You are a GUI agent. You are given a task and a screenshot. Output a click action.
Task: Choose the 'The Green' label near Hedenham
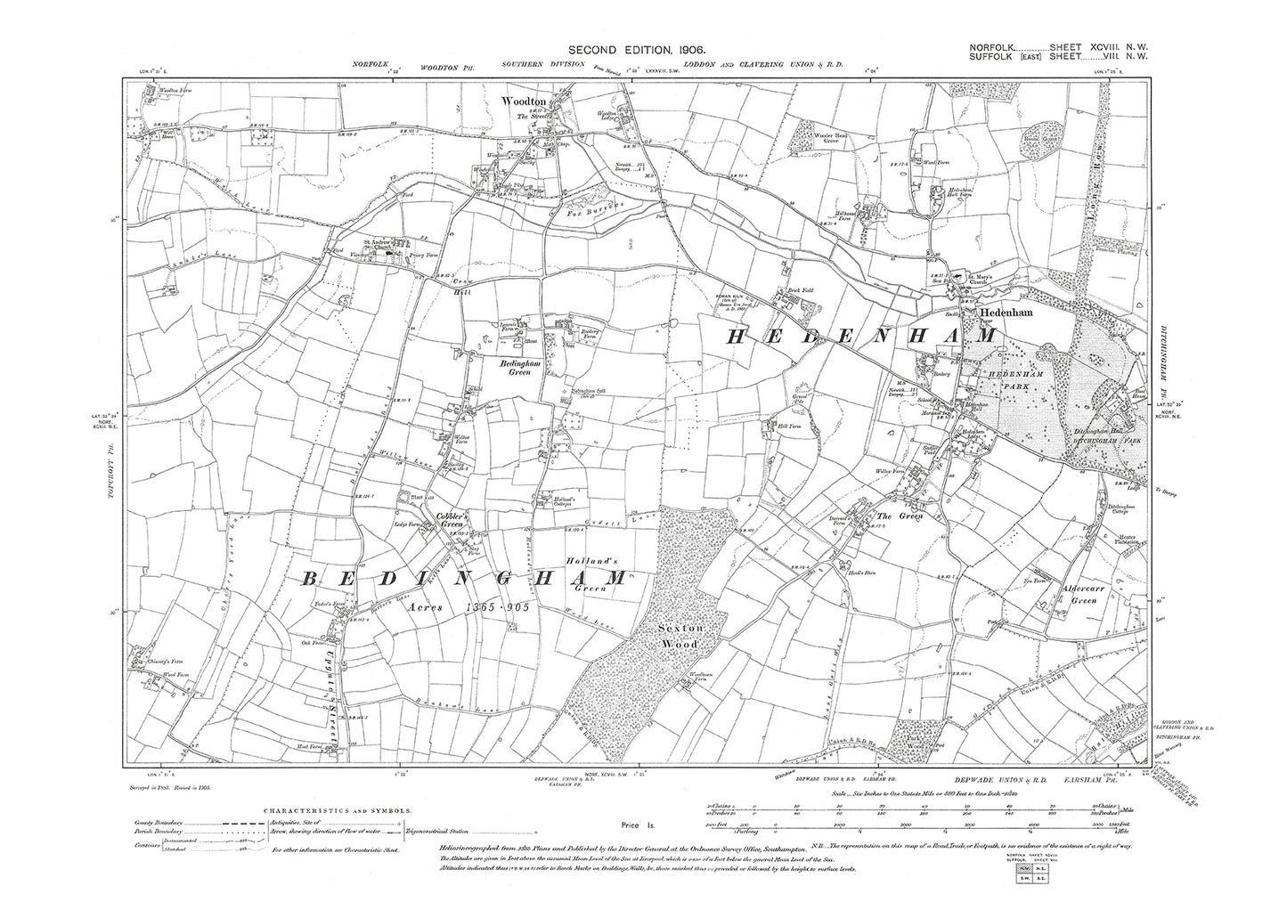click(897, 516)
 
